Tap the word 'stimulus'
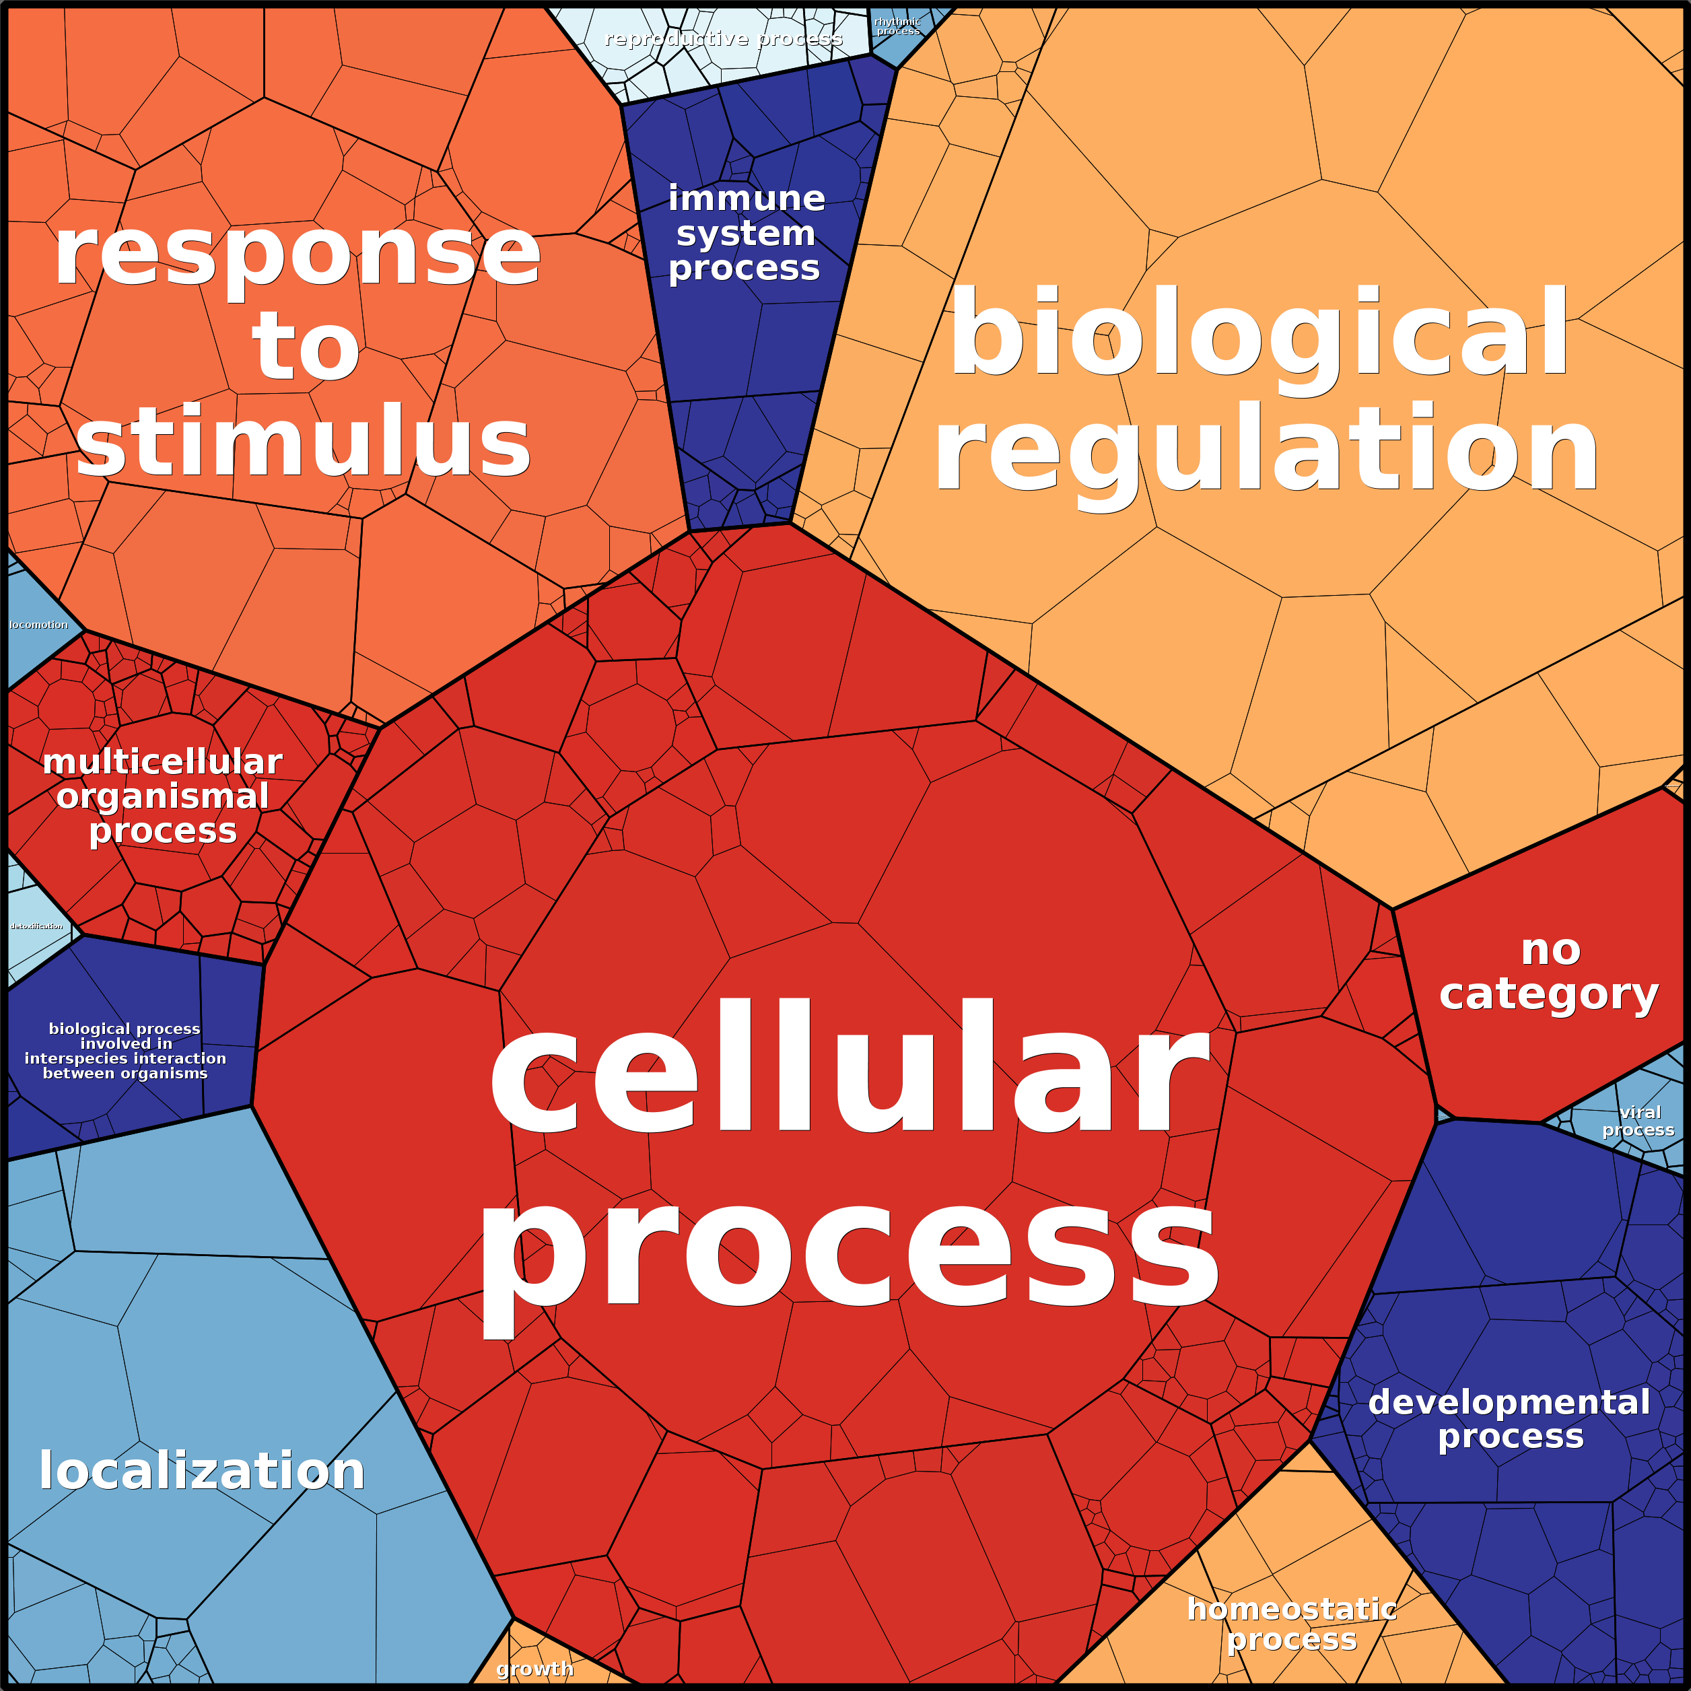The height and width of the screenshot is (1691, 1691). point(304,442)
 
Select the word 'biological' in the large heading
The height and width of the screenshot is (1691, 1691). point(1260,335)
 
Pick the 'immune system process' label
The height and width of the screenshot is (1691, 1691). point(746,233)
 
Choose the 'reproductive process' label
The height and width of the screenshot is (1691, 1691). point(723,38)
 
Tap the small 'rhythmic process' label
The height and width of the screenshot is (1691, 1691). point(897,26)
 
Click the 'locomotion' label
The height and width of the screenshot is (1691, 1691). point(38,625)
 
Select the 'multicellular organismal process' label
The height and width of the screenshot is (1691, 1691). point(163,796)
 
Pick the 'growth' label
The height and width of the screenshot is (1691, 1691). point(534,1668)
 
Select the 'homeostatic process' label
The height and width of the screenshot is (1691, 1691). point(1292,1624)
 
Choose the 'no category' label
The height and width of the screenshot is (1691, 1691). point(1549,971)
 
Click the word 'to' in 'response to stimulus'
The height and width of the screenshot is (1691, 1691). point(306,348)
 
